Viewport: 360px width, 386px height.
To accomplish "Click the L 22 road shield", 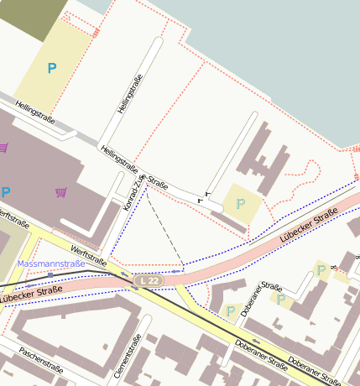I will pyautogui.click(x=149, y=279).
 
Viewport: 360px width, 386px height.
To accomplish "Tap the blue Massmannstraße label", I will pyautogui.click(x=51, y=264).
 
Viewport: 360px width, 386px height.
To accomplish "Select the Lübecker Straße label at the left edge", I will pyautogui.click(x=30, y=294).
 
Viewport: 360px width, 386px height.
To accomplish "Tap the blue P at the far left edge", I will pyautogui.click(x=5, y=192).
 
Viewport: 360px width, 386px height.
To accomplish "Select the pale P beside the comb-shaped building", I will pyautogui.click(x=241, y=203).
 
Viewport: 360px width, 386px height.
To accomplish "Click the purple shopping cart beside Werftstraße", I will pyautogui.click(x=60, y=192).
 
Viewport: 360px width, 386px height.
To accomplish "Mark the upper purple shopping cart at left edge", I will pyautogui.click(x=3, y=148).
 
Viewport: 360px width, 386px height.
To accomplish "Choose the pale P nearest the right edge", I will pyautogui.click(x=321, y=269).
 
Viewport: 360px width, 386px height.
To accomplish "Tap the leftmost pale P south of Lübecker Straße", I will pyautogui.click(x=230, y=310).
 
